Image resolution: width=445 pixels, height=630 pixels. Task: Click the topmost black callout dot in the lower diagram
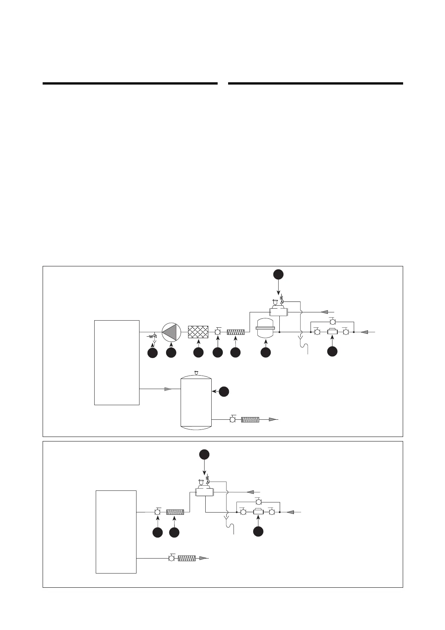[204, 455]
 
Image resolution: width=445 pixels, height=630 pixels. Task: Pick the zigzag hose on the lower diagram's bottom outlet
[187, 558]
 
